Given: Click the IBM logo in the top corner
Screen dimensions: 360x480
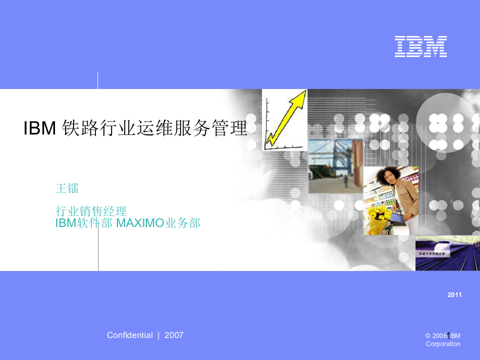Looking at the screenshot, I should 420,46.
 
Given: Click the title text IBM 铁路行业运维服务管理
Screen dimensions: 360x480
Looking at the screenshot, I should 135,128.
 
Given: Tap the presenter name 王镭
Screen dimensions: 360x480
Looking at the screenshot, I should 67,188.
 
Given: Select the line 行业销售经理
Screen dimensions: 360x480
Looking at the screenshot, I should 91,211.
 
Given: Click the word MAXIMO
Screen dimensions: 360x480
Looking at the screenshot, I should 140,223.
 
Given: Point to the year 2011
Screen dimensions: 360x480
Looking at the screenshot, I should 454,295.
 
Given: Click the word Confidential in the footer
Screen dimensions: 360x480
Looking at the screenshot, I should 129,335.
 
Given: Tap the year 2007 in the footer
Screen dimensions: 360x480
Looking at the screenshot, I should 174,335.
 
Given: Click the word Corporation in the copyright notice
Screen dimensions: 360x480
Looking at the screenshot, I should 443,344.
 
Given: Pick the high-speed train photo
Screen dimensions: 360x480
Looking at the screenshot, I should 447,252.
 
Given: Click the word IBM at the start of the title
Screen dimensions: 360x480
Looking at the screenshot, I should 39,128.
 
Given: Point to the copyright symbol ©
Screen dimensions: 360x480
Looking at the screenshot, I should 428,335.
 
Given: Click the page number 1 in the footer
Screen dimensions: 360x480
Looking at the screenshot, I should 448,335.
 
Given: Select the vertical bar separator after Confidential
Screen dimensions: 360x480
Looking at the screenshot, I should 158,335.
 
